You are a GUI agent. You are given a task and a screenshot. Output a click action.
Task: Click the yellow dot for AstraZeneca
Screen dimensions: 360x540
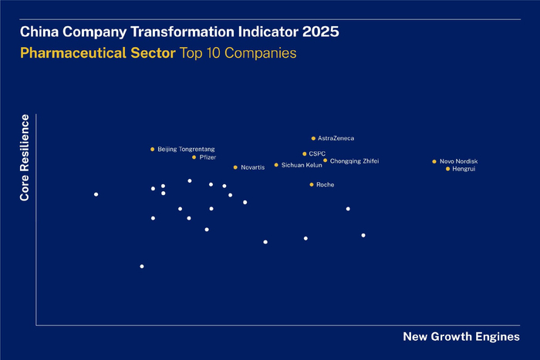click(313, 138)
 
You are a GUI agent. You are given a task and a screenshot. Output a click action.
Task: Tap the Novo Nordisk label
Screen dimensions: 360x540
click(459, 161)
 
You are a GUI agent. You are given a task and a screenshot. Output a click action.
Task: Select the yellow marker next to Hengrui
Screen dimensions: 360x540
click(447, 169)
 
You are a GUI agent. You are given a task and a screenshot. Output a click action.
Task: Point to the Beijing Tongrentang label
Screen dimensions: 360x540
click(186, 149)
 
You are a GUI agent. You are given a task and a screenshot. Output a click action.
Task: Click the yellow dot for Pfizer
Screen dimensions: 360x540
click(194, 157)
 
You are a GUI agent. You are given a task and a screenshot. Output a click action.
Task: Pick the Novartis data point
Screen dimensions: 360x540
click(235, 167)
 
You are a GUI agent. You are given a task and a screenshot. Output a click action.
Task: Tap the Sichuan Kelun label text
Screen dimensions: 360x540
click(302, 165)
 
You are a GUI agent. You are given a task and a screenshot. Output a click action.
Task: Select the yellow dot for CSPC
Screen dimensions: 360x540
click(305, 153)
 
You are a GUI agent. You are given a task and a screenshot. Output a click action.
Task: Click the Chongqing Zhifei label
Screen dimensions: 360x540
click(354, 161)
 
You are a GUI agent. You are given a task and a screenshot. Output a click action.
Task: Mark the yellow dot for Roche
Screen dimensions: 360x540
click(312, 184)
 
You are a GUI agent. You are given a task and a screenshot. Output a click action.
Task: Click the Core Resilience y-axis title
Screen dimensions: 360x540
click(25, 158)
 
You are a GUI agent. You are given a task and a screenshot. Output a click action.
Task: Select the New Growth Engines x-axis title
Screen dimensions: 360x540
click(461, 337)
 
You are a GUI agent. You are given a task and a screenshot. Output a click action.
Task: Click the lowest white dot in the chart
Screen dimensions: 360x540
click(142, 267)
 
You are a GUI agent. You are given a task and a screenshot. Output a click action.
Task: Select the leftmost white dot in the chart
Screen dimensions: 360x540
click(96, 194)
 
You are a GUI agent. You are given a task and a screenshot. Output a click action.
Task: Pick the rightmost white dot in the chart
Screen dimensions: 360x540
click(363, 235)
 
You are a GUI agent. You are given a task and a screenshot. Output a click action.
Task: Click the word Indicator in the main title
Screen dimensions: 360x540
click(254, 33)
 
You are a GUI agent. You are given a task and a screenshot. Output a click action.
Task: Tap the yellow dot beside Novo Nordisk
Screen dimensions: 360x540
click(434, 161)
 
